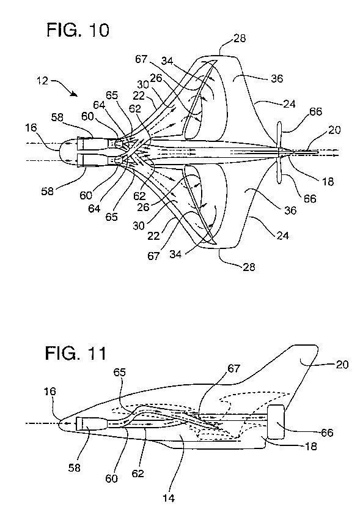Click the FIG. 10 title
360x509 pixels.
(78, 30)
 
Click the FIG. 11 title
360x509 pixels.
(76, 353)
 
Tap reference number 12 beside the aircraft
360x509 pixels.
(43, 81)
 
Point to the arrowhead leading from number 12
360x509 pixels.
(75, 94)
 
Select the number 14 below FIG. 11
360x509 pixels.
(168, 497)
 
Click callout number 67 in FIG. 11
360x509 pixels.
(234, 368)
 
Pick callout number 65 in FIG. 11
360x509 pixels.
(119, 373)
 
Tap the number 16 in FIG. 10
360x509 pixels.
(31, 128)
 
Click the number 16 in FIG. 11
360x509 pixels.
(50, 392)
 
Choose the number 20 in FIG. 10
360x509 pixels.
(335, 130)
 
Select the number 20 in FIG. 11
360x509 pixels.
(342, 365)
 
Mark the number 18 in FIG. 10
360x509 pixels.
(328, 182)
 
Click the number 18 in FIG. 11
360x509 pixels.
(310, 447)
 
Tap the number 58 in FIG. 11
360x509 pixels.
(75, 468)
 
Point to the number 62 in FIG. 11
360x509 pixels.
(138, 474)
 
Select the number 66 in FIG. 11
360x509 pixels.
(327, 433)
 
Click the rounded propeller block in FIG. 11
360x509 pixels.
(276, 422)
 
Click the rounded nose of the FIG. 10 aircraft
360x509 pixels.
(67, 152)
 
